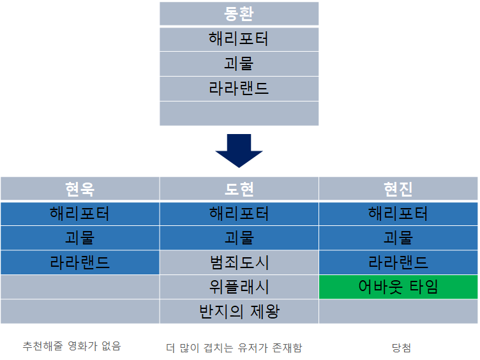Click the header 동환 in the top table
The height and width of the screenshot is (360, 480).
coord(239,14)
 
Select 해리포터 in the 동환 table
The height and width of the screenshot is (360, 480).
coord(239,39)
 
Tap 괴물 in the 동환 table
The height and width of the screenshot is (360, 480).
coord(239,64)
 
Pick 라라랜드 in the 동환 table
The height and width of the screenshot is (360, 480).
coord(239,89)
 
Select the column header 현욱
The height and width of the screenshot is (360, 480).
coord(80,189)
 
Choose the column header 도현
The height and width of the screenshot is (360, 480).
coord(239,189)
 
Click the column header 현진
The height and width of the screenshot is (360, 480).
coord(398,189)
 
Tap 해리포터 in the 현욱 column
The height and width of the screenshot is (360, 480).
coord(80,213)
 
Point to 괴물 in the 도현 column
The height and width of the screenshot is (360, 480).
coord(239,238)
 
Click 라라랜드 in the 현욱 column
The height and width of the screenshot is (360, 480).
coord(80,262)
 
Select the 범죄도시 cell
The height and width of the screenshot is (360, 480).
coord(239,262)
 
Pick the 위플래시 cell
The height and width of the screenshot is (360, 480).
coord(239,287)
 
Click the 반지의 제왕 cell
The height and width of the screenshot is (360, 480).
coord(239,311)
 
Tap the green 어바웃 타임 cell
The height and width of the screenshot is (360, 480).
coord(398,287)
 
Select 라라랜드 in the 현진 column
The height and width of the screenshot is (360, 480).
coord(398,262)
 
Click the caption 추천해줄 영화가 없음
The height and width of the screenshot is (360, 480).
coord(71,346)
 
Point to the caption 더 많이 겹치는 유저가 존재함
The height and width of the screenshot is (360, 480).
coord(234,348)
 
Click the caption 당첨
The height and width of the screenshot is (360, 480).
coord(401,348)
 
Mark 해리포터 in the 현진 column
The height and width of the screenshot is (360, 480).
coord(398,213)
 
